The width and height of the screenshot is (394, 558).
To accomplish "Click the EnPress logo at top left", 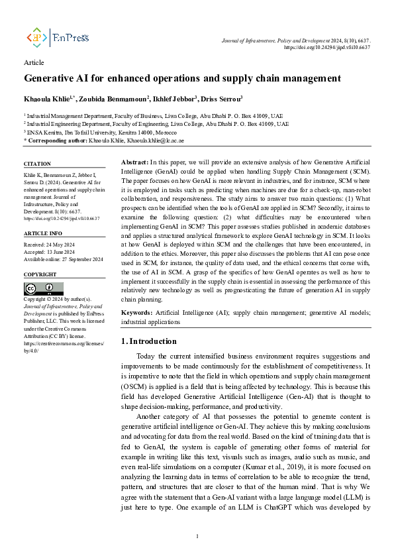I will click(x=57, y=38).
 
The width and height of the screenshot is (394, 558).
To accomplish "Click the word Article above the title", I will click(x=34, y=63).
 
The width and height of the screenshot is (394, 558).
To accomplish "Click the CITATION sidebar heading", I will click(x=38, y=164).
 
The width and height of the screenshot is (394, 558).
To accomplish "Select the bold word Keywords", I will click(x=137, y=311).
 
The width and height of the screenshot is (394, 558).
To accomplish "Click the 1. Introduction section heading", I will click(x=149, y=341).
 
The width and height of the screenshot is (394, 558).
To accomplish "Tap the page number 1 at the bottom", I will click(x=197, y=536).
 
